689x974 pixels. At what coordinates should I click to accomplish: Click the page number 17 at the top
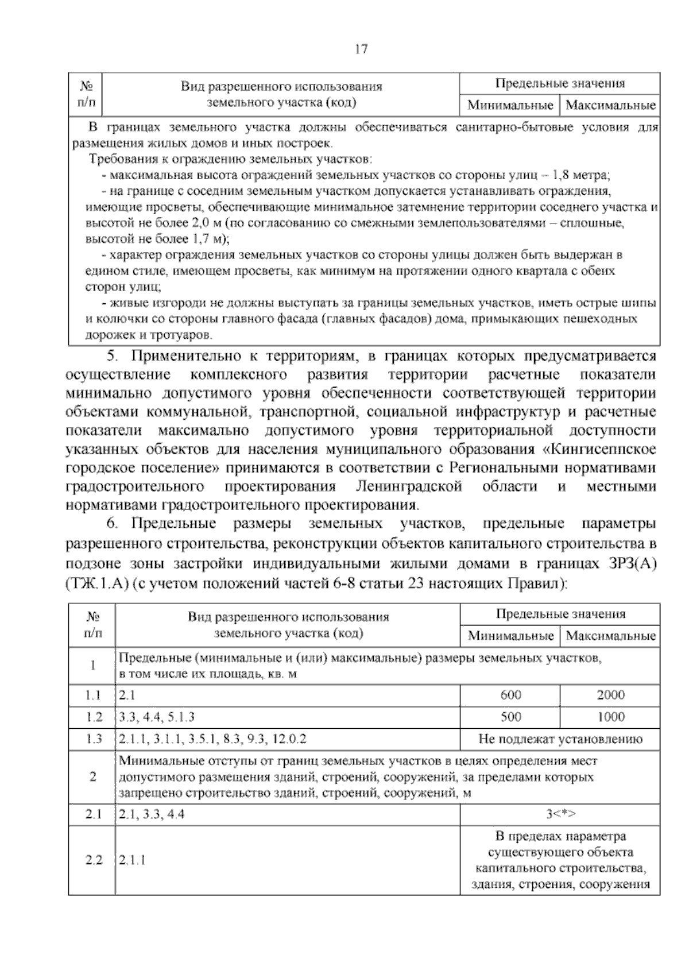[361, 49]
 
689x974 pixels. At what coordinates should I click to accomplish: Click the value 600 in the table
[510, 695]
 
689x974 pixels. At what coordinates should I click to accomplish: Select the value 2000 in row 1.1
[610, 695]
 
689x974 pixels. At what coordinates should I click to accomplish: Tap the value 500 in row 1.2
[510, 717]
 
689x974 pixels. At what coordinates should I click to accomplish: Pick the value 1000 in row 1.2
[610, 717]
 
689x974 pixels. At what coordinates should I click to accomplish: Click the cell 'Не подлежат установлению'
[560, 739]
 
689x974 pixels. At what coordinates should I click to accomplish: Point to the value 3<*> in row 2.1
[560, 814]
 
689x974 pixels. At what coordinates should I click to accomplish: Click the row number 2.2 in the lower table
[93, 860]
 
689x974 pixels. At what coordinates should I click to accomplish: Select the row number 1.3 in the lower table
[93, 739]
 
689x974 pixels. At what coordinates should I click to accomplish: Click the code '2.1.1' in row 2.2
[133, 860]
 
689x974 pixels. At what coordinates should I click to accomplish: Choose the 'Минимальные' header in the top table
[510, 106]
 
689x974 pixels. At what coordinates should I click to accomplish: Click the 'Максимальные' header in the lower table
[610, 636]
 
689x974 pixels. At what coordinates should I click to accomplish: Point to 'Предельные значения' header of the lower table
[560, 614]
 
